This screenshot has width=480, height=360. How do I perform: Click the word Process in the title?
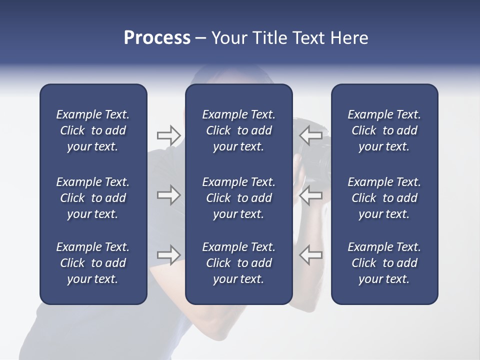pos(157,38)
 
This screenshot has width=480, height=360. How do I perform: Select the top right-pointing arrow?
pos(168,135)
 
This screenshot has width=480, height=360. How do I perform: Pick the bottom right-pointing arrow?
pos(168,255)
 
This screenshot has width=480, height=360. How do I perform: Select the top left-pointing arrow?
pos(311,135)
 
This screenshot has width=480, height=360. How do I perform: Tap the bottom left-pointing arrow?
pos(311,255)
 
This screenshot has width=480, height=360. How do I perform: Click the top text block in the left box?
pos(93,130)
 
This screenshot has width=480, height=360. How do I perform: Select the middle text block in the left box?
pos(93,198)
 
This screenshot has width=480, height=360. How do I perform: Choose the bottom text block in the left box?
pos(93,263)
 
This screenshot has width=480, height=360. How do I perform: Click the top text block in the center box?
pos(238,130)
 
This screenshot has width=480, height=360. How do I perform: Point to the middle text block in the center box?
pos(238,198)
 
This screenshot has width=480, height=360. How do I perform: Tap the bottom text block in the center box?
pos(238,263)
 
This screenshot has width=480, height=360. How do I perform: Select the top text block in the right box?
pos(384,130)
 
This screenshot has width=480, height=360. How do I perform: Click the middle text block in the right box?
pos(384,198)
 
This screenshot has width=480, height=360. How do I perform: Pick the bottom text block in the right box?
pos(384,263)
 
